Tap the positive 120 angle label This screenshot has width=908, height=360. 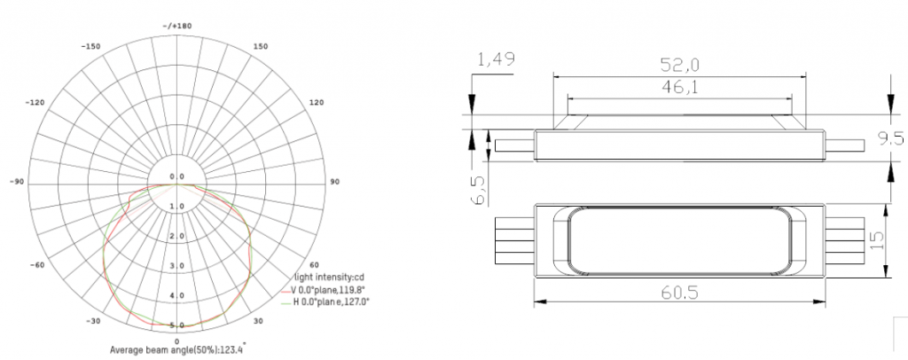pos(317,102)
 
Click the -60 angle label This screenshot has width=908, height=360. pos(38,265)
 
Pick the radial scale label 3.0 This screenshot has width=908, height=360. pos(177,266)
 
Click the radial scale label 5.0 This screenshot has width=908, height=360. pos(177,325)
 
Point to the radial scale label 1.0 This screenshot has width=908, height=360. pos(177,207)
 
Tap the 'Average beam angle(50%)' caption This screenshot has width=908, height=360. pos(177,350)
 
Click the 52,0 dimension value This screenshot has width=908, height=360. pos(679,65)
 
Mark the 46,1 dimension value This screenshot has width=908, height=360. pos(679,87)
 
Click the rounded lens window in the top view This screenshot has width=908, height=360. pos(679,241)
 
